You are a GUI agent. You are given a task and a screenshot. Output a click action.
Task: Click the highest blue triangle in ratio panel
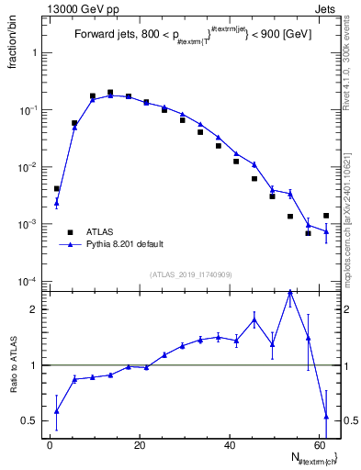(x=290, y=292)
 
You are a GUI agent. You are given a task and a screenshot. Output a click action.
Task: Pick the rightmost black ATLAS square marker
(x=326, y=216)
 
